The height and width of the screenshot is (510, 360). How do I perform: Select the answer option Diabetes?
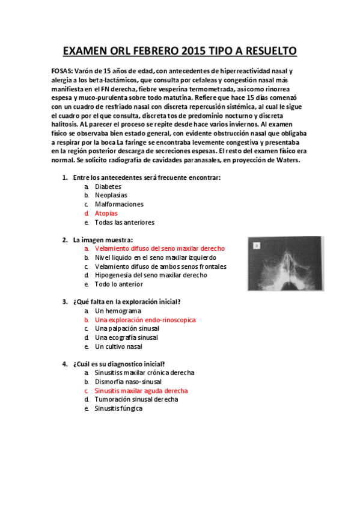[x=108, y=186]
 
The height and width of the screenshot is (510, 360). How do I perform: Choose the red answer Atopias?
[x=106, y=213]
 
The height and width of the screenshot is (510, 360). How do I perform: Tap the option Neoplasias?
[x=111, y=195]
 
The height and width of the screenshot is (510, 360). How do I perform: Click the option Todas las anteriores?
[x=124, y=222]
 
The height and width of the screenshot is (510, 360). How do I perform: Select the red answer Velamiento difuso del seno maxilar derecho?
[x=160, y=248]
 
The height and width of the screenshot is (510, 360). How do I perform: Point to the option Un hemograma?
[x=114, y=311]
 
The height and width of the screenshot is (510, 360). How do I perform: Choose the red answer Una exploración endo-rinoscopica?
[x=145, y=320]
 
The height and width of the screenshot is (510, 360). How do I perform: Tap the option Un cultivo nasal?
[x=118, y=346]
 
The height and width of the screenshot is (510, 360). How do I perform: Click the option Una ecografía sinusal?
[x=126, y=337]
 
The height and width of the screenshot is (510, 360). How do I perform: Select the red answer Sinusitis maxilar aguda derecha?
[x=141, y=390]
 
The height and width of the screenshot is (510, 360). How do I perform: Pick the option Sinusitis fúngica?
[x=118, y=408]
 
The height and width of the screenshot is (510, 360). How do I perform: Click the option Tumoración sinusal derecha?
[x=136, y=399]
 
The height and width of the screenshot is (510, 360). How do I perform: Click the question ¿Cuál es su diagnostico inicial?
[x=119, y=364]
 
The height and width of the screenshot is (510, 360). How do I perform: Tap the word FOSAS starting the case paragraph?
[x=62, y=71]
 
